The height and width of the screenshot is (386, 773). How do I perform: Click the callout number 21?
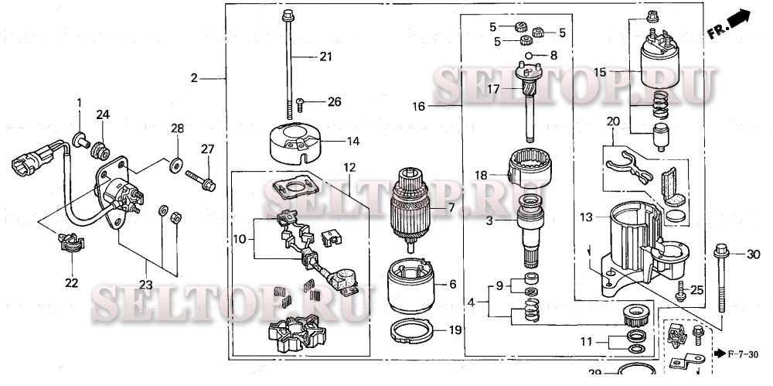click(x=325, y=56)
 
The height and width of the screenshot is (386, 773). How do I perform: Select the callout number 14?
click(x=353, y=142)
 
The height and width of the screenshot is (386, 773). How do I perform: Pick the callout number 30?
click(x=754, y=254)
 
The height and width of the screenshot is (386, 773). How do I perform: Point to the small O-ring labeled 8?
click(x=530, y=56)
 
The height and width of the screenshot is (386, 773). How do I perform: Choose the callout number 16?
click(x=418, y=106)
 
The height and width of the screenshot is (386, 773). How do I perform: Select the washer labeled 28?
click(x=177, y=163)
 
